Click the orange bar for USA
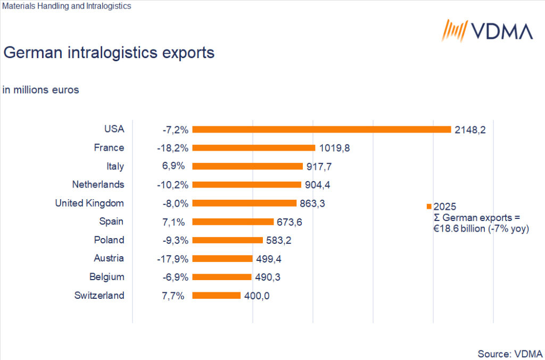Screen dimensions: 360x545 coord(321,129)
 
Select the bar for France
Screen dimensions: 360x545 coord(254,148)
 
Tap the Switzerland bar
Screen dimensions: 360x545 coord(217,296)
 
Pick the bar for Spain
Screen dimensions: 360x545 coord(233,222)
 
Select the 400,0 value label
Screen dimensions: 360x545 coord(257,296)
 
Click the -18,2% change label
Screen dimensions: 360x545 coord(176,148)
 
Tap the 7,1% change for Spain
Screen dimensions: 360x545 coord(174,222)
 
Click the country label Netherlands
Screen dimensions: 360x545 coord(98,185)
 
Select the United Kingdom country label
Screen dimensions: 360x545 coord(89,203)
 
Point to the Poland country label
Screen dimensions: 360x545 coord(109,240)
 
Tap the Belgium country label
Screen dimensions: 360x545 coord(106,277)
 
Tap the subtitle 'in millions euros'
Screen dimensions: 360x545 coord(41,90)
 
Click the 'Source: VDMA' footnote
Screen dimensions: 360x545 coord(510,354)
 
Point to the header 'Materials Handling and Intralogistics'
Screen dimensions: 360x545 coord(67,6)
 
